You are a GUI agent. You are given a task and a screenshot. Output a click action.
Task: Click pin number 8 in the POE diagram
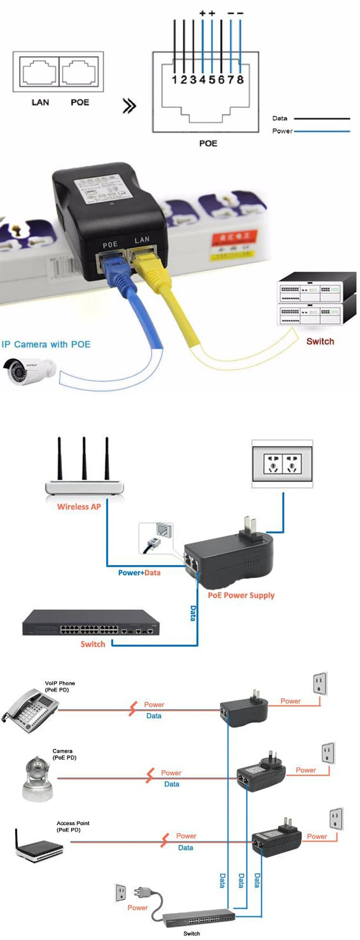coord(240,79)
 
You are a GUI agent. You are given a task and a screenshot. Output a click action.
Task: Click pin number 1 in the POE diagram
coord(175,79)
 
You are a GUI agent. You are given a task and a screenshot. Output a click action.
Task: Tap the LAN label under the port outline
coord(40,102)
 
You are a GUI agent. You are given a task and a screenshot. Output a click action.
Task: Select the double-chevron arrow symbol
coord(129,106)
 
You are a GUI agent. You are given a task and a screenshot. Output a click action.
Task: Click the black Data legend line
coord(322,118)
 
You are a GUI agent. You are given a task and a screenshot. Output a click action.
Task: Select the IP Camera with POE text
coord(46,344)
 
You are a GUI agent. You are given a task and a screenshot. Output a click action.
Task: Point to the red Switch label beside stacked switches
coord(320,342)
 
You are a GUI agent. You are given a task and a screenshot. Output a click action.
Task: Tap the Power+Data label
coord(139,573)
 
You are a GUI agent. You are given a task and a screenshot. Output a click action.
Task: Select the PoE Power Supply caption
coord(241,595)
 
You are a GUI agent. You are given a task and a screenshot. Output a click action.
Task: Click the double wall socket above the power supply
coord(282,464)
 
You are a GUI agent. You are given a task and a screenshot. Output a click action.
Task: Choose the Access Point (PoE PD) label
coord(73,826)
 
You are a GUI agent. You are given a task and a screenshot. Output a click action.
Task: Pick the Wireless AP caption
coord(79,507)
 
